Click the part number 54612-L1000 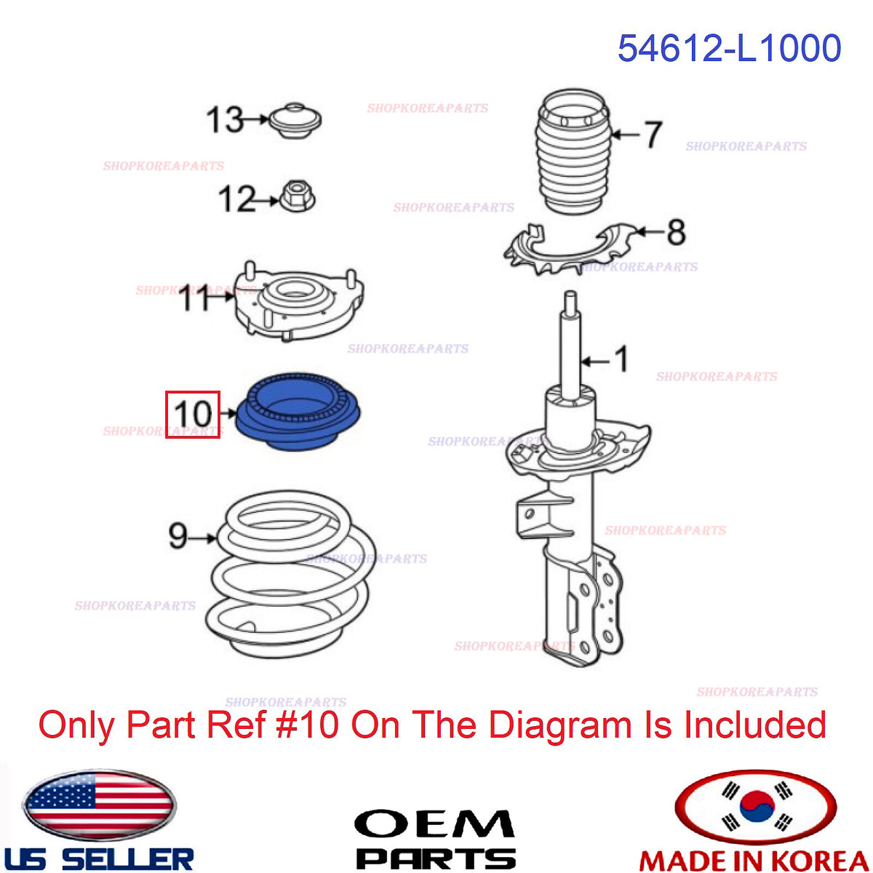coord(729,48)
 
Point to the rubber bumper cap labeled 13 coord(295,120)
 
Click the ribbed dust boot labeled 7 coord(573,152)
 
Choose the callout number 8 coord(676,232)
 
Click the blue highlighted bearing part coord(298,412)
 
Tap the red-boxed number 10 coord(193,414)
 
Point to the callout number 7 coord(653,135)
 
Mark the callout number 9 coord(178,535)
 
